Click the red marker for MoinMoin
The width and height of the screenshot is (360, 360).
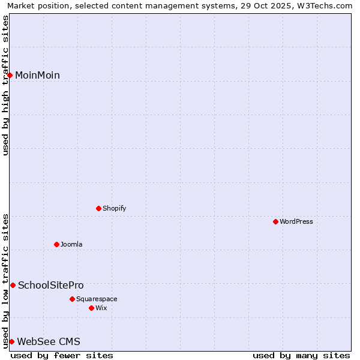(10, 75)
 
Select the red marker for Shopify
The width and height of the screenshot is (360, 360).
(99, 208)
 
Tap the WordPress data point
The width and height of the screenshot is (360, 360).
(276, 221)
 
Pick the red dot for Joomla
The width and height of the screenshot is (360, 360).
(57, 244)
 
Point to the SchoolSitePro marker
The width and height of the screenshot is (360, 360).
(13, 285)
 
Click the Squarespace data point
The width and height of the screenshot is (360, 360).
(73, 299)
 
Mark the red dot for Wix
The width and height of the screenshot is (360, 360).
(92, 308)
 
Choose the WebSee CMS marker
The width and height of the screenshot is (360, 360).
(11, 341)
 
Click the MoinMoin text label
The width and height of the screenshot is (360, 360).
(37, 76)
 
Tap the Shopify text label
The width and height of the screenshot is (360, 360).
(114, 208)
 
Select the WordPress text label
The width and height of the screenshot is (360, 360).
(296, 221)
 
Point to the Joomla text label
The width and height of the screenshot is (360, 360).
(71, 244)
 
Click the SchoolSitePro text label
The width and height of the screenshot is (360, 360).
(51, 286)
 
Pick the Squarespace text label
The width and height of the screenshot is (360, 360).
(97, 299)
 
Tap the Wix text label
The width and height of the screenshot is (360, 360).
(101, 308)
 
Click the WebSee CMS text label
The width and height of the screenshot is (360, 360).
(49, 342)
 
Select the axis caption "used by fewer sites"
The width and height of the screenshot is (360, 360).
(62, 355)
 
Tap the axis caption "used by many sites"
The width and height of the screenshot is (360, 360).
(301, 355)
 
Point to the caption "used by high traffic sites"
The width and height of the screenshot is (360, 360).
(5, 85)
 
